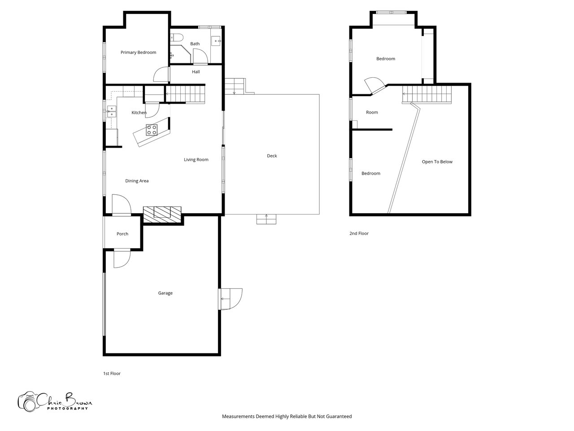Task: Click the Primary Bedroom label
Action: tap(138, 53)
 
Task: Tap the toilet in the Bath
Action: tap(177, 37)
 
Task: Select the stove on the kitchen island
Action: tap(152, 130)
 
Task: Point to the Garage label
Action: tap(165, 293)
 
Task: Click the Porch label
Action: tap(122, 234)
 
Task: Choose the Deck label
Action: tap(272, 156)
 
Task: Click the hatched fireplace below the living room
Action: tap(162, 215)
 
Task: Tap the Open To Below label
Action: tap(437, 162)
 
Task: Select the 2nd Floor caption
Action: tap(359, 233)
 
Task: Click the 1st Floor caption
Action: tap(112, 374)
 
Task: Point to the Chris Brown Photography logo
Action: tap(55, 401)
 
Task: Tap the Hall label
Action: tap(196, 72)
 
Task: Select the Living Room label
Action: tap(196, 160)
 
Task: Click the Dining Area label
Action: tap(137, 181)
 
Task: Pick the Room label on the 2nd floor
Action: tap(372, 112)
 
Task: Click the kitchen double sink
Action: tap(112, 111)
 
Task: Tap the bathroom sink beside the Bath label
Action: tap(216, 41)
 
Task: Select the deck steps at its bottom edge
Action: tap(266, 219)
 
